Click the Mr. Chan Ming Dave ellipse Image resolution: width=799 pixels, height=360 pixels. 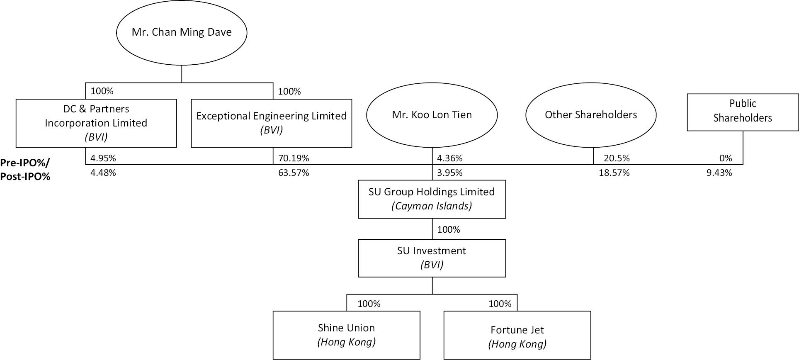pyautogui.click(x=182, y=32)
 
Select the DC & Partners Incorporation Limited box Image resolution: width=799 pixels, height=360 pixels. pyautogui.click(x=96, y=123)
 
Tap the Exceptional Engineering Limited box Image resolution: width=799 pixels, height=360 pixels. pyautogui.click(x=271, y=123)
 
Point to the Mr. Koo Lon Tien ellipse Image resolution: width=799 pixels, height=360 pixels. pyautogui.click(x=432, y=115)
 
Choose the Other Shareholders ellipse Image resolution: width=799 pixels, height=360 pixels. pyautogui.click(x=591, y=115)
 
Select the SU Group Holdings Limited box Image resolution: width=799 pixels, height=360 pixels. pyautogui.click(x=432, y=199)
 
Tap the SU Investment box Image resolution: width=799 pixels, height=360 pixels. pyautogui.click(x=432, y=258)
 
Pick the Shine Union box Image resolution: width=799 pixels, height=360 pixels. pyautogui.click(x=346, y=335)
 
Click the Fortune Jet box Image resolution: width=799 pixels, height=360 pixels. pyautogui.click(x=517, y=335)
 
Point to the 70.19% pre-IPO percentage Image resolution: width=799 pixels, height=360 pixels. pyautogui.click(x=294, y=158)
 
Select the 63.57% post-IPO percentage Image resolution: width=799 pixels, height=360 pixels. pyautogui.click(x=294, y=173)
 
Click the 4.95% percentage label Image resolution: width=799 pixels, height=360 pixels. pyautogui.click(x=103, y=158)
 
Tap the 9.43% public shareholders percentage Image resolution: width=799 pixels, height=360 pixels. pyautogui.click(x=719, y=173)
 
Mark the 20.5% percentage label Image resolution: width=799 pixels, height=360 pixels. pyautogui.click(x=617, y=158)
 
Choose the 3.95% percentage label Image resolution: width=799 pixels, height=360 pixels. pyautogui.click(x=450, y=173)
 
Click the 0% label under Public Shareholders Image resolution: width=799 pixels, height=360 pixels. pyautogui.click(x=726, y=158)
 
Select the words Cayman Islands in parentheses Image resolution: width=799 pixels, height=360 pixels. pyautogui.click(x=432, y=206)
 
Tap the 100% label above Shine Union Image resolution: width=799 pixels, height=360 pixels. pyautogui.click(x=369, y=304)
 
